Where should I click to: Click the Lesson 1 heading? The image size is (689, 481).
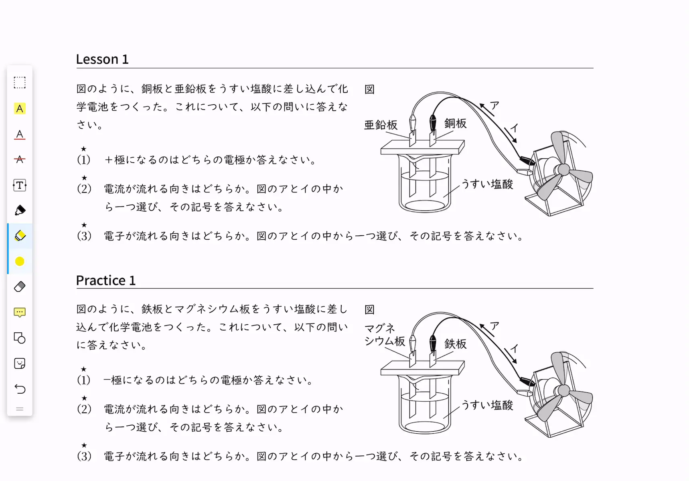(x=102, y=59)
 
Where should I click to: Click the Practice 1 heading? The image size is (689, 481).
(x=106, y=280)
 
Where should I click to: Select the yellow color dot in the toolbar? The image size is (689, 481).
(x=20, y=261)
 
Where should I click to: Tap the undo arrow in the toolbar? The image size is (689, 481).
(x=20, y=389)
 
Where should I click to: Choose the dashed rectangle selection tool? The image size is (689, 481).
(x=20, y=83)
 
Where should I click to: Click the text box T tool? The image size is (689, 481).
(x=20, y=185)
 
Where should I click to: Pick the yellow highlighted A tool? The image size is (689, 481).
(x=20, y=109)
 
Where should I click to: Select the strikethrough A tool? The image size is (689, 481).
(x=20, y=160)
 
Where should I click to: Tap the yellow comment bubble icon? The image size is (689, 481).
(x=20, y=312)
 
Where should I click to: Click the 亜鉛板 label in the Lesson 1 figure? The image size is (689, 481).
(x=381, y=125)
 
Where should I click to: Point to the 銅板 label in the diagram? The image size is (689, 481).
(x=455, y=123)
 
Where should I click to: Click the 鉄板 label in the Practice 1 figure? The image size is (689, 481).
(x=455, y=344)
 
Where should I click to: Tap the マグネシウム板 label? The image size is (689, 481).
(x=385, y=335)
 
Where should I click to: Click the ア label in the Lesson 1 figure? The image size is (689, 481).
(x=494, y=105)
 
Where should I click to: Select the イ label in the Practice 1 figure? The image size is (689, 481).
(x=514, y=348)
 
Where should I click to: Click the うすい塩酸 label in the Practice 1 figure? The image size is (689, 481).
(x=487, y=405)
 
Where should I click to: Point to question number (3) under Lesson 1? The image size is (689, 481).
(x=84, y=236)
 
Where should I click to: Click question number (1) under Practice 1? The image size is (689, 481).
(x=84, y=380)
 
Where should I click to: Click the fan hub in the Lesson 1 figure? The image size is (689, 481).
(x=563, y=170)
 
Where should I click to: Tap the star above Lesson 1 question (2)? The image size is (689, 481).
(x=84, y=178)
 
